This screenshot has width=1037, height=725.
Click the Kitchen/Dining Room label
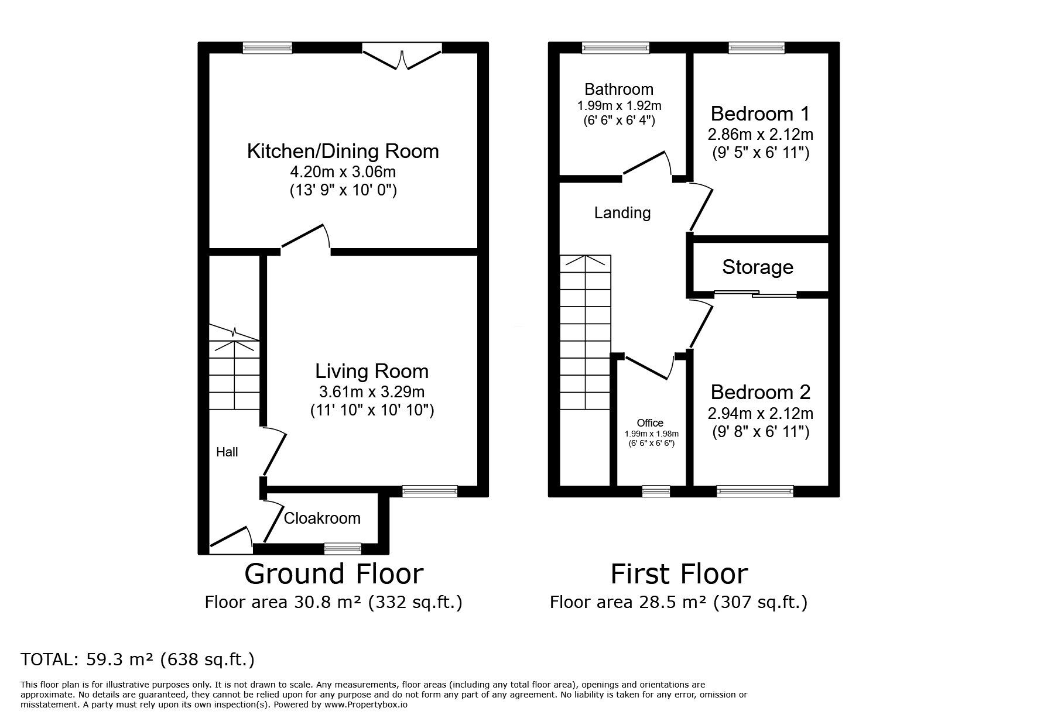pos(343,152)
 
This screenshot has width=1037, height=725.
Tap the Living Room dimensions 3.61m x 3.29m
pos(371,391)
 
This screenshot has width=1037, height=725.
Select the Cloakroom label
pos(322,518)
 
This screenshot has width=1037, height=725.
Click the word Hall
pos(227,452)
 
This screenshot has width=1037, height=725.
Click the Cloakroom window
pos(343,548)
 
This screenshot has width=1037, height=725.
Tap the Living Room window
pos(430,492)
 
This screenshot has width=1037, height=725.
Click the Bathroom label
pos(619,90)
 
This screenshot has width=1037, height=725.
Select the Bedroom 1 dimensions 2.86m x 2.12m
pos(760,135)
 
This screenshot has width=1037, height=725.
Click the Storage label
pos(758,267)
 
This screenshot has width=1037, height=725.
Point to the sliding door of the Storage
pos(755,294)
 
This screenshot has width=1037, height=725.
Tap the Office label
pos(650,423)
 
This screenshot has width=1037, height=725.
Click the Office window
pos(656,492)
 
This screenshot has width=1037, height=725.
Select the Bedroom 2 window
pos(755,492)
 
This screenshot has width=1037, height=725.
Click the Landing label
pos(622,213)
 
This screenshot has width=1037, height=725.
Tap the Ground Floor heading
pos(333,574)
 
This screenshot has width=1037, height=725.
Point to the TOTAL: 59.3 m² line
pos(138,660)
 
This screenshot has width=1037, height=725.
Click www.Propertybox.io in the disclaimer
pos(365,705)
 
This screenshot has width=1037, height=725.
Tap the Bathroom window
pos(615,48)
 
